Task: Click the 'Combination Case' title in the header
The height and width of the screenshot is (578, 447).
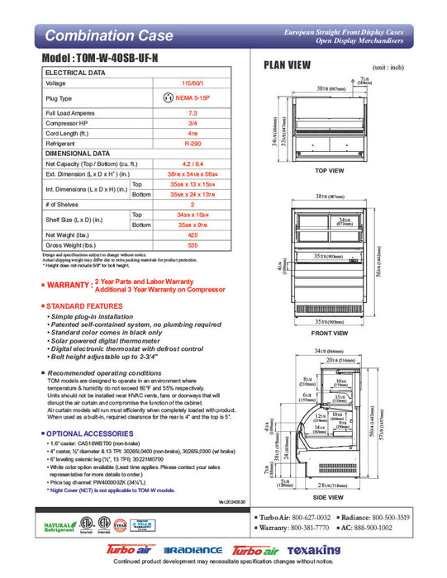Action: [x=108, y=36]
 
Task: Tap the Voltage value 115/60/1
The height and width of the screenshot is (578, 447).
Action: [x=193, y=83]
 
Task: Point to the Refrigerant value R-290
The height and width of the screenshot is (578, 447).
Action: [x=193, y=142]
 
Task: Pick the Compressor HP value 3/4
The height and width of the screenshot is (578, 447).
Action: [x=193, y=122]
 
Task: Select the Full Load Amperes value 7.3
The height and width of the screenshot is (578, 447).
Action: [x=193, y=111]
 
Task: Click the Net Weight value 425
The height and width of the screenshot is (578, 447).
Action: [x=193, y=235]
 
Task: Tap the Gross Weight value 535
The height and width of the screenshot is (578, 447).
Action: [x=193, y=246]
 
